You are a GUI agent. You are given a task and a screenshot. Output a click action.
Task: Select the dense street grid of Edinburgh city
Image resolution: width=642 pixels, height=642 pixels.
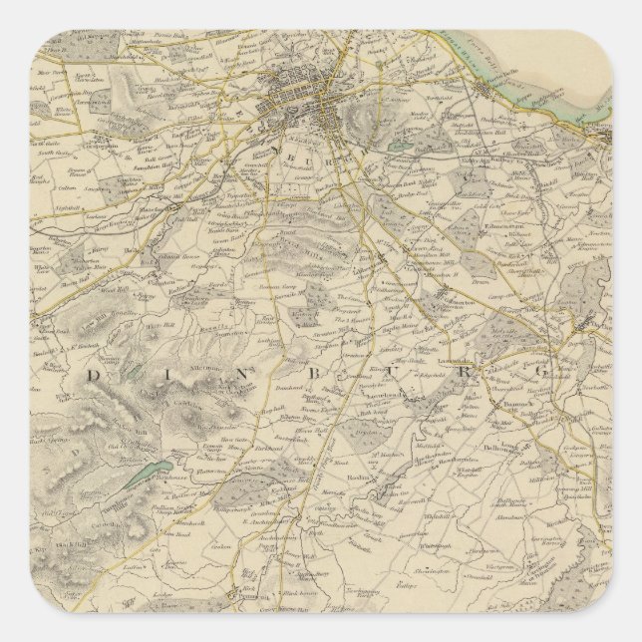(x=299, y=100)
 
